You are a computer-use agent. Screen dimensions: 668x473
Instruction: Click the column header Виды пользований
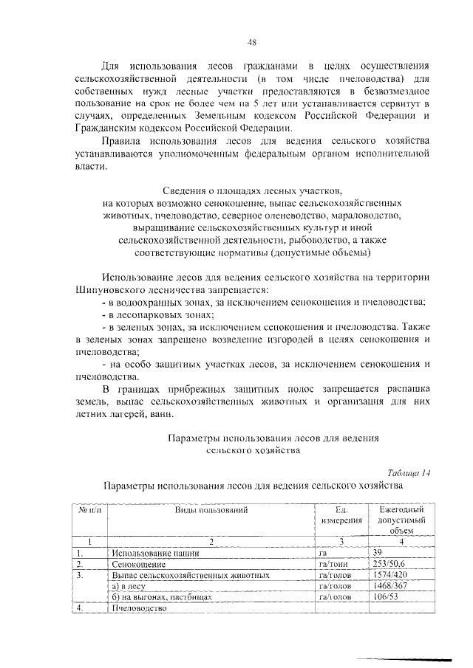[211, 509]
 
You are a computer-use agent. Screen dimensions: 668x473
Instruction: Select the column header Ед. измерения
[341, 514]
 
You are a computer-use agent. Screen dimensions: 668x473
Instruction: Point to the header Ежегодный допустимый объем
[401, 520]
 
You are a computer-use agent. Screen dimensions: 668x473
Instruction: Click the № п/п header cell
[89, 509]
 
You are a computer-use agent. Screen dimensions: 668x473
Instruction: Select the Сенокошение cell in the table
[137, 563]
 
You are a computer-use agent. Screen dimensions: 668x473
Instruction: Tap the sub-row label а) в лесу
[130, 585]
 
